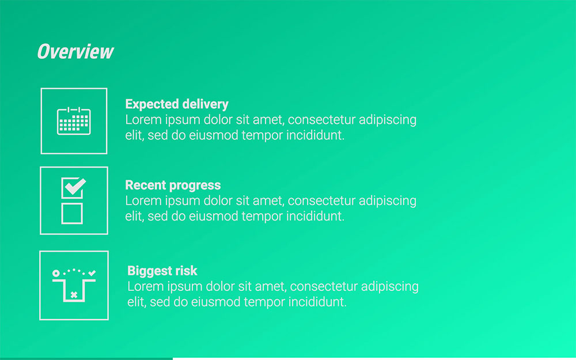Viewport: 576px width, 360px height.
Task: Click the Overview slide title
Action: pos(75,52)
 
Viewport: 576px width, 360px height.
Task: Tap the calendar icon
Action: pos(74,121)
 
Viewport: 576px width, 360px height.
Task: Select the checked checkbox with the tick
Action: pos(73,188)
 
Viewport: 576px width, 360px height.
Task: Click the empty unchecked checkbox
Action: pos(72,213)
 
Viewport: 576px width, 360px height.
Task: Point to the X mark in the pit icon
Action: pos(74,295)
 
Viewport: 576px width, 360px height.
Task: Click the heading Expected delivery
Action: pos(177,104)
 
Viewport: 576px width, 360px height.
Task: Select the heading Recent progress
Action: pos(173,185)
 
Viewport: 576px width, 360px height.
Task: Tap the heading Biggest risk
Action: pos(162,271)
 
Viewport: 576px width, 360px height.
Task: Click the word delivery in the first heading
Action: pos(205,104)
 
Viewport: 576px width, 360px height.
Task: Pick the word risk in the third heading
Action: pos(185,271)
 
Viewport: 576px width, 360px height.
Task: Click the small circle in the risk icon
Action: pos(56,272)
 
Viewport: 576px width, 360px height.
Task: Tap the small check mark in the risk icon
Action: pos(92,272)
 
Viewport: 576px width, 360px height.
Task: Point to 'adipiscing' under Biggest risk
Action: pos(391,286)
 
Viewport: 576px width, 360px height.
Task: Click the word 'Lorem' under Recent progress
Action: pos(142,201)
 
